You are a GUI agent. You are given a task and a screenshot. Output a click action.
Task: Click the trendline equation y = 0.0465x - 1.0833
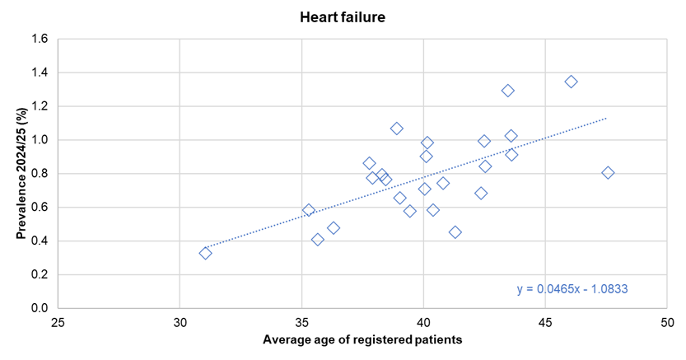572,288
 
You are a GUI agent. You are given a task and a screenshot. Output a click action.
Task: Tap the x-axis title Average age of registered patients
362,339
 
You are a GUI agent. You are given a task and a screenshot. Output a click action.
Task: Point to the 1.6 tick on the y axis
40,39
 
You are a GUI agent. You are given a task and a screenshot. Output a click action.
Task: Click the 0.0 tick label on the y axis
40,308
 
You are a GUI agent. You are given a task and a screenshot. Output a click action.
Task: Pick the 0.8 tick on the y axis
40,174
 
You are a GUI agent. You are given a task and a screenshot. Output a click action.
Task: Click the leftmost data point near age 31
205,253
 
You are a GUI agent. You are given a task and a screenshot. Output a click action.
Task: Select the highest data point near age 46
571,82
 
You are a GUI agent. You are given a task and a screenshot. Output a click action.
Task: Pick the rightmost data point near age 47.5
608,172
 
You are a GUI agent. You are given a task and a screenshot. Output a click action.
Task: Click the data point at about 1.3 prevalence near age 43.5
508,91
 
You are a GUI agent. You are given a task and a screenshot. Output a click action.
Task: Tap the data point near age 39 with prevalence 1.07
396,129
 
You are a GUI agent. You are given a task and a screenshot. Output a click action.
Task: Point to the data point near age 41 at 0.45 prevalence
455,232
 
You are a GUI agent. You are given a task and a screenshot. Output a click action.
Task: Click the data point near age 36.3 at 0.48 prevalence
333,228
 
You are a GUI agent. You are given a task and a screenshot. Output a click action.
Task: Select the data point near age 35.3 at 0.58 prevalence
308,210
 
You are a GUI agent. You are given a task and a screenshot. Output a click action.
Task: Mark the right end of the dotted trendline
606,118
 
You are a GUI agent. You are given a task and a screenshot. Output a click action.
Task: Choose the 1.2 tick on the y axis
40,106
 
